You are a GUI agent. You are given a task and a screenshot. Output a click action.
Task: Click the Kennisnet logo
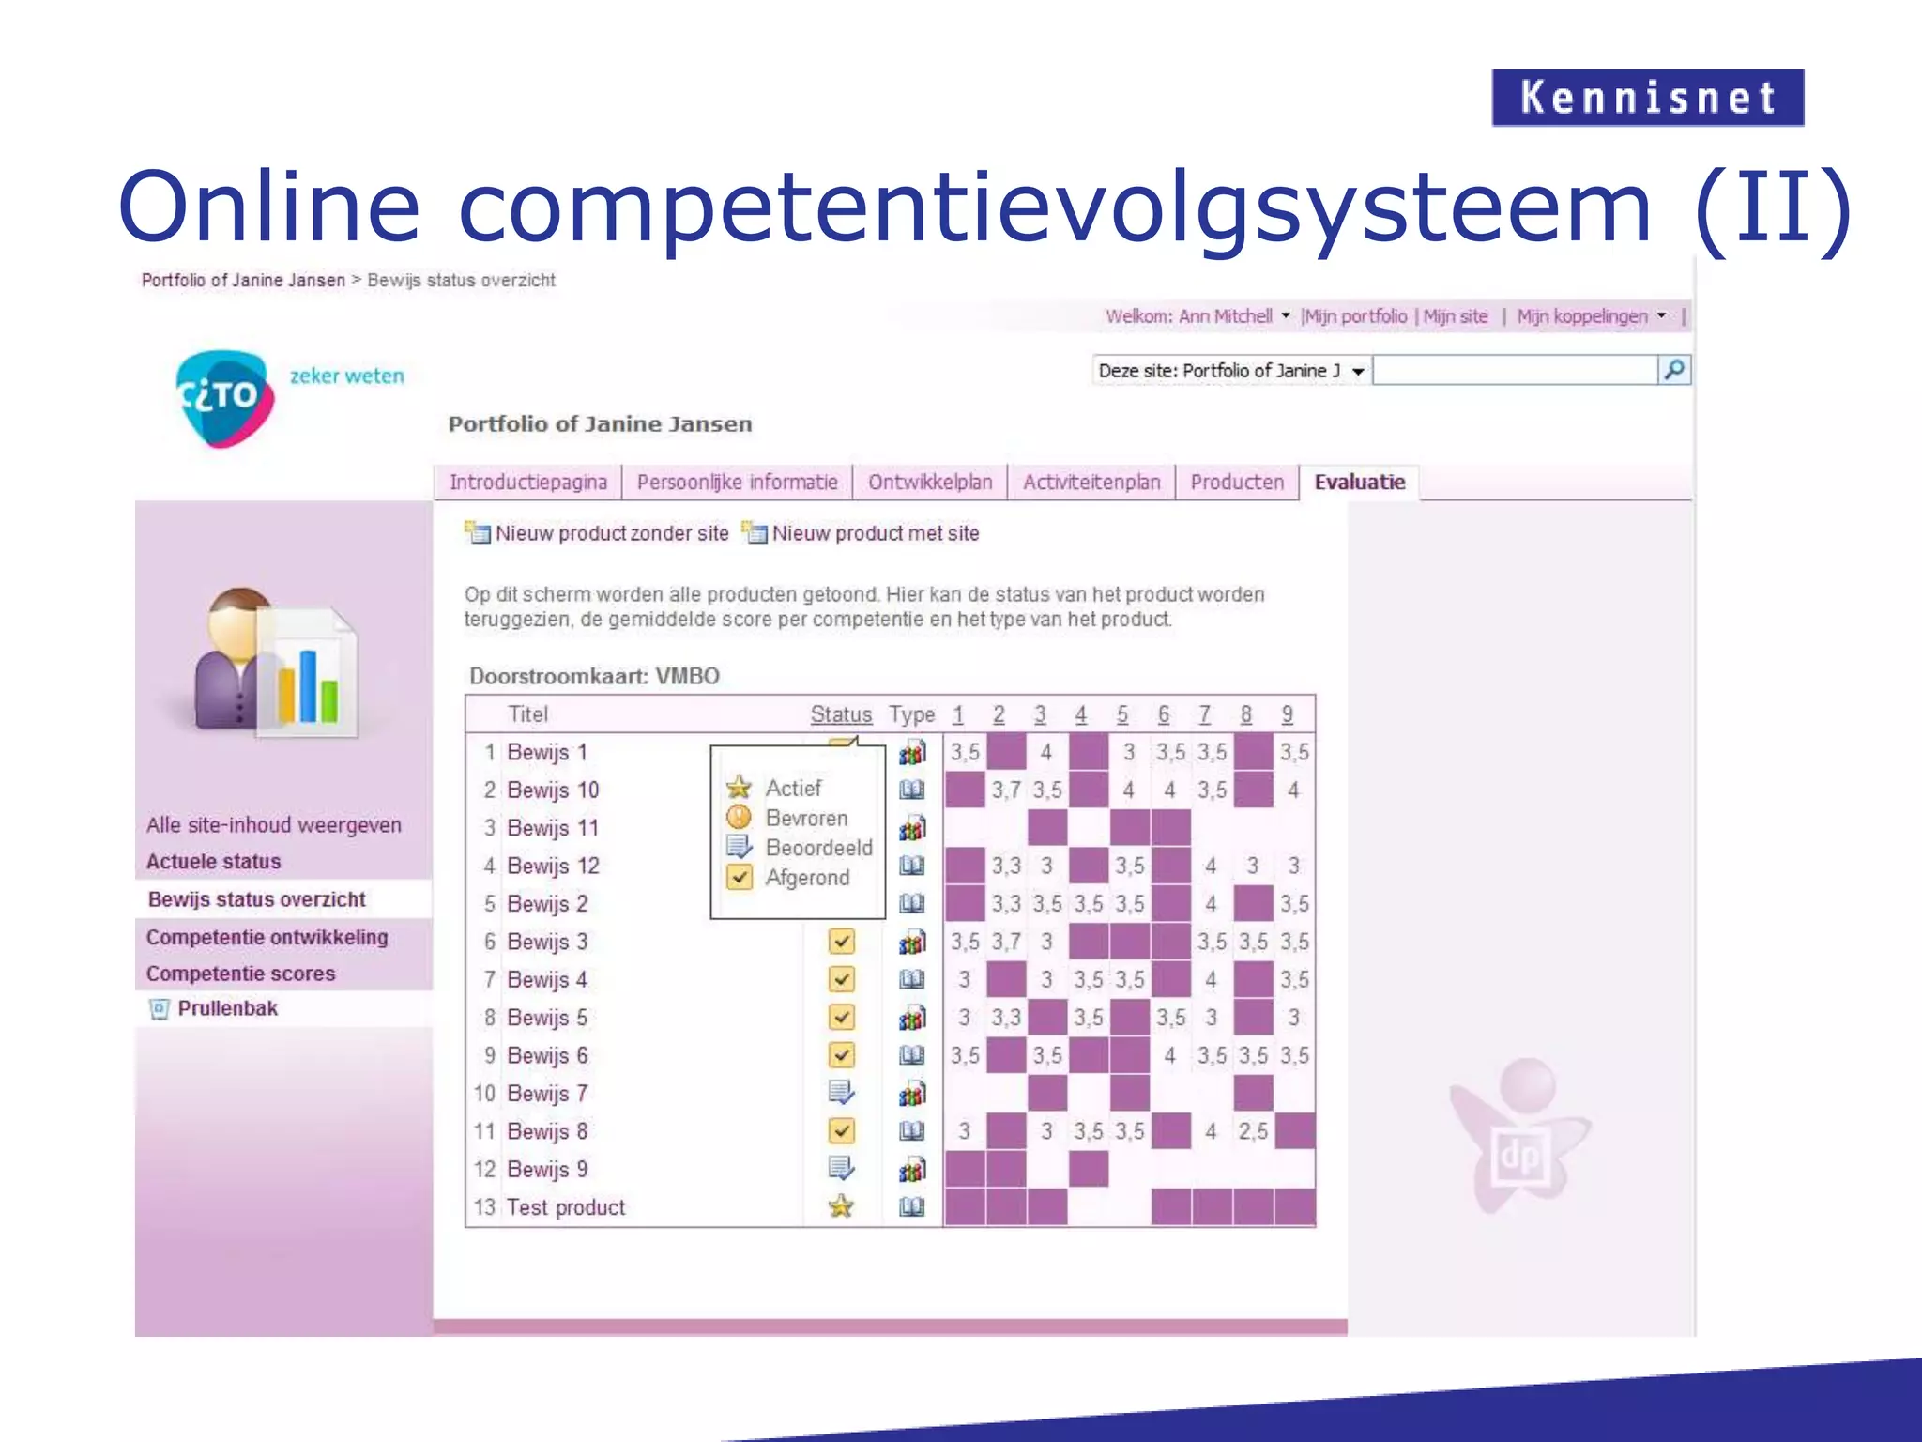[x=1647, y=98]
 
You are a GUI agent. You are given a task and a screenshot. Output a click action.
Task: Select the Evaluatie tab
[x=1359, y=483]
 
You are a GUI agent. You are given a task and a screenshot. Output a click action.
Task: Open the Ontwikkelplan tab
[x=929, y=483]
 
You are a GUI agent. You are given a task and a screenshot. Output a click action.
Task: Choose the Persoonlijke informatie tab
[x=737, y=483]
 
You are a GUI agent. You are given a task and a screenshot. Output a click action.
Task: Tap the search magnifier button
[x=1674, y=370]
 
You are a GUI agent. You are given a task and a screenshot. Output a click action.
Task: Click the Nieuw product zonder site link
[x=611, y=533]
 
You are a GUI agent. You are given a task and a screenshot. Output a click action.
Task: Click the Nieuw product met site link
[x=875, y=533]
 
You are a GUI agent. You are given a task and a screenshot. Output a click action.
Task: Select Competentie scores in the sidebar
[x=240, y=974]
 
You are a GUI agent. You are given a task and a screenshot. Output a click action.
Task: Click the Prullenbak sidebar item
[x=227, y=1008]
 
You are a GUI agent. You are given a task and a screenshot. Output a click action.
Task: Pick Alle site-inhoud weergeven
[x=273, y=825]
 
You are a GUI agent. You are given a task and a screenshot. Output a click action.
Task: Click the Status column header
[x=841, y=714]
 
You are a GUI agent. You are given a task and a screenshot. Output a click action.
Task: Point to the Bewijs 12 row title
[x=553, y=866]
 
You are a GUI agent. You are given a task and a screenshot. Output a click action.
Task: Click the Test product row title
[x=565, y=1207]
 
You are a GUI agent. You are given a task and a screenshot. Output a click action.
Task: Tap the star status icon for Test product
[x=842, y=1206]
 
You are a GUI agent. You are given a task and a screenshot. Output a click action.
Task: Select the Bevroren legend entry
[x=805, y=818]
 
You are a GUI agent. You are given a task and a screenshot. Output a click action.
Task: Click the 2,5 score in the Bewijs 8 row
[x=1253, y=1131]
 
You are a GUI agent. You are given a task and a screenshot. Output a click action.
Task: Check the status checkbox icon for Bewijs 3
[x=842, y=941]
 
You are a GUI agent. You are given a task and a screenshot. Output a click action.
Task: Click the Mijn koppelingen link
[x=1582, y=316]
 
